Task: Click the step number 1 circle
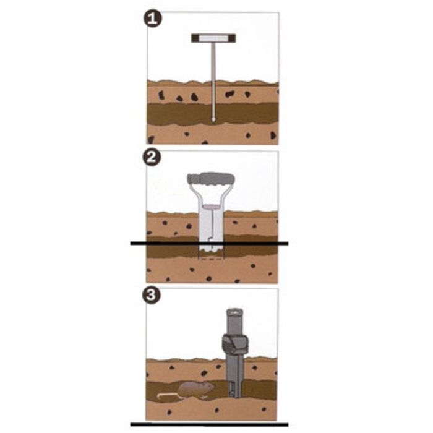[x=153, y=19]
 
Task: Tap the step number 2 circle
[x=152, y=157]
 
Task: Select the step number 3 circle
[x=152, y=295]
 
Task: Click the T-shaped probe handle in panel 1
[x=213, y=38]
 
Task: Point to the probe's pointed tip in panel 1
[x=213, y=121]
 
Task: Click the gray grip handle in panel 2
[x=211, y=179]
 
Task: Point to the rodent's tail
[x=168, y=395]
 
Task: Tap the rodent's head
[x=209, y=387]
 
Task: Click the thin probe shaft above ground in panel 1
[x=213, y=61]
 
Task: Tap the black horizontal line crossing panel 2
[x=209, y=243]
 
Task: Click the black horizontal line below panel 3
[x=209, y=424]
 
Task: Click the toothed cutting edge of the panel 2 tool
[x=212, y=250]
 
